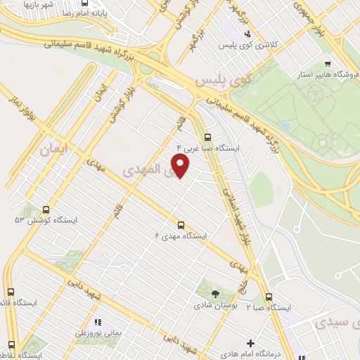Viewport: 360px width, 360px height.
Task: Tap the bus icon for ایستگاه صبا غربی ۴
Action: click(207, 138)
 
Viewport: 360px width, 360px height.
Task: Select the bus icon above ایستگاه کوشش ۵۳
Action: click(46, 209)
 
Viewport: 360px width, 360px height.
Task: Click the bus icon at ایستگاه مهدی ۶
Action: click(181, 225)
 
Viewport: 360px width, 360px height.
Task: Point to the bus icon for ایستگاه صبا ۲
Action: click(269, 297)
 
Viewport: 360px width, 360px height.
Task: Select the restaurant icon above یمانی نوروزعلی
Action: click(98, 322)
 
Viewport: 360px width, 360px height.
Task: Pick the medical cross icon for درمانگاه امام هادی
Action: click(251, 343)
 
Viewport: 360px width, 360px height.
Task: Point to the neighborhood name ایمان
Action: click(56, 149)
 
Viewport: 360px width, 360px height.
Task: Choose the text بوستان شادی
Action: click(216, 306)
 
